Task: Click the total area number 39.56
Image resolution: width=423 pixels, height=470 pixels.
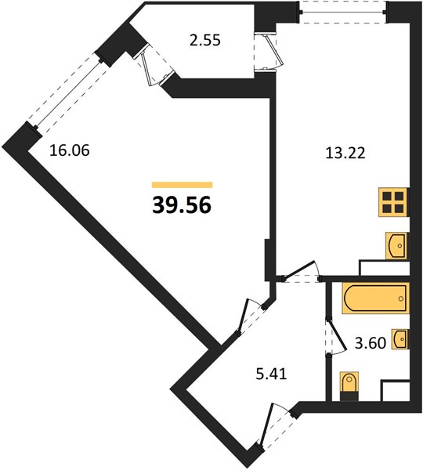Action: tap(182, 206)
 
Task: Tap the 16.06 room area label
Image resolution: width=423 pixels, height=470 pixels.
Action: tap(70, 150)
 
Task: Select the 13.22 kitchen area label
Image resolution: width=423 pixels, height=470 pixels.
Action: tap(345, 154)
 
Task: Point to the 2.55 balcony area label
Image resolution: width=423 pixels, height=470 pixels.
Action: tap(205, 40)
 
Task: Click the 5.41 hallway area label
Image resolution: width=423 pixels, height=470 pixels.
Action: tap(271, 374)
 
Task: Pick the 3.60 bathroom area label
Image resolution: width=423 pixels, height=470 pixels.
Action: tap(371, 343)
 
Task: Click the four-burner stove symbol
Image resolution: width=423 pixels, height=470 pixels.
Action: tap(393, 202)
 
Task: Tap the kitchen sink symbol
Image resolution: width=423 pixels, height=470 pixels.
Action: tap(396, 245)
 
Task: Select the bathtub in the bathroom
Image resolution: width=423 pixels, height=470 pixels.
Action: tap(375, 298)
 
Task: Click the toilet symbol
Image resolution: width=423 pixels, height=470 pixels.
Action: tap(349, 385)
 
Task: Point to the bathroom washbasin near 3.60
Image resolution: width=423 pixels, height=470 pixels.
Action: tap(400, 339)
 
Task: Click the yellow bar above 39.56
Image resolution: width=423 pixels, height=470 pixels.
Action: tap(182, 185)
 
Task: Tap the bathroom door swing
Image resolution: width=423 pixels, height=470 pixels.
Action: tap(336, 336)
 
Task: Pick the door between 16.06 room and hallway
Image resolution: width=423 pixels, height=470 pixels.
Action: tap(251, 317)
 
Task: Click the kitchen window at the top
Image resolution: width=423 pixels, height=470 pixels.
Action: tap(344, 13)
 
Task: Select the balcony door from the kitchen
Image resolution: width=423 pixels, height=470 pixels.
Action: tap(269, 51)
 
